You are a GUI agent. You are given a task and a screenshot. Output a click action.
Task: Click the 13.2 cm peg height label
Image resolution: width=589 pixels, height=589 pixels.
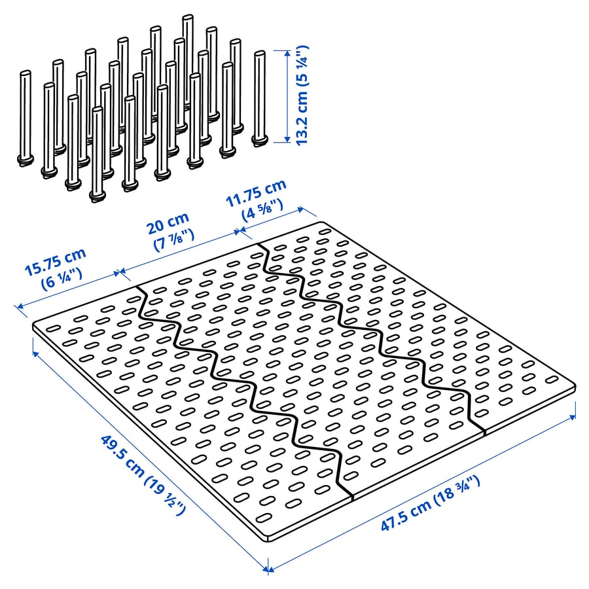point(303,95)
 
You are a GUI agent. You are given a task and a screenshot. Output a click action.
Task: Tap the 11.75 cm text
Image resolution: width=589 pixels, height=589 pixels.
point(256,194)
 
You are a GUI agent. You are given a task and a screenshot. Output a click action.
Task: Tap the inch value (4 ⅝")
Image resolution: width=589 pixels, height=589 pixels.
point(262,211)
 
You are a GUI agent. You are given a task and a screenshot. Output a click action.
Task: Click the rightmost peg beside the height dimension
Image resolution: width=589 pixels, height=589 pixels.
point(259,98)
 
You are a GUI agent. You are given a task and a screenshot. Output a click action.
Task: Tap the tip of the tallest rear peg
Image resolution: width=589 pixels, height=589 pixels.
point(188,16)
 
